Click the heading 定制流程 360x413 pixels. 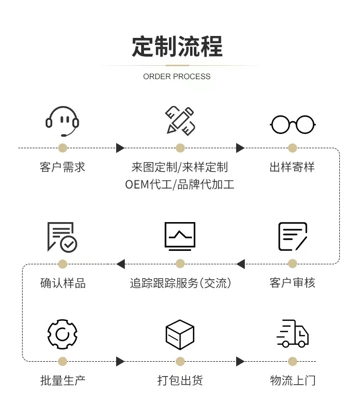click(x=177, y=47)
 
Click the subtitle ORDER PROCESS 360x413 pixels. click(x=177, y=76)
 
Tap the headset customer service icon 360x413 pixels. click(x=62, y=121)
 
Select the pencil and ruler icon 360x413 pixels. click(x=180, y=120)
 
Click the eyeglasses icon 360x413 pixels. click(x=292, y=125)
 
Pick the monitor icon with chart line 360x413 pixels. click(x=180, y=236)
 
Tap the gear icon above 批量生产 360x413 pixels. click(x=62, y=334)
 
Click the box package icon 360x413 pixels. click(x=180, y=334)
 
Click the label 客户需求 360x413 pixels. click(x=62, y=167)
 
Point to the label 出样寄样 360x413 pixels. click(x=292, y=167)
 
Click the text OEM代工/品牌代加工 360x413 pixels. click(x=180, y=184)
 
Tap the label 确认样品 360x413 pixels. click(x=62, y=283)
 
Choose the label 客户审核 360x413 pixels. click(x=292, y=283)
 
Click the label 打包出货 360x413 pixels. click(x=180, y=381)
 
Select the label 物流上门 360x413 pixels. click(x=292, y=381)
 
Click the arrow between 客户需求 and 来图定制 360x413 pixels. click(x=120, y=148)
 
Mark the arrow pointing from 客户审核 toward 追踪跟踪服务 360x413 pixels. click(x=240, y=264)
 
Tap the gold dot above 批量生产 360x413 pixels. click(x=62, y=361)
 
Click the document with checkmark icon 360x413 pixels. click(x=62, y=236)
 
